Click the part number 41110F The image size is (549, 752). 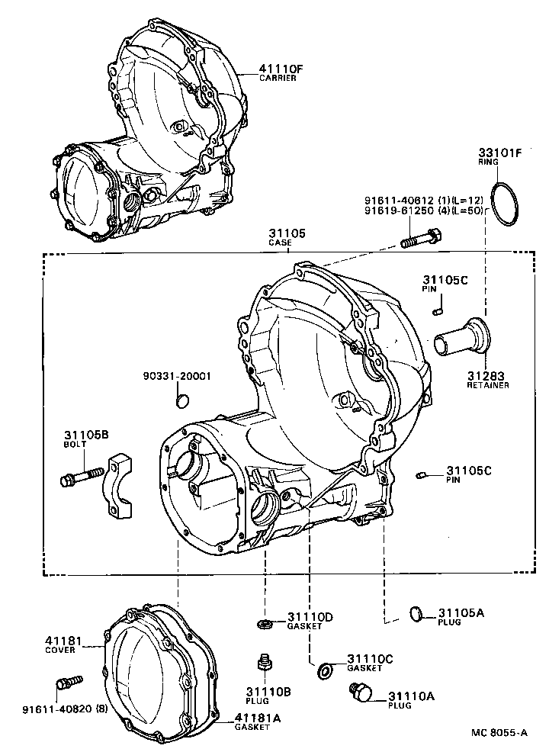click(281, 69)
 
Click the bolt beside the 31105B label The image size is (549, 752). click(79, 477)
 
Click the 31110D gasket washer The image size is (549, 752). click(265, 625)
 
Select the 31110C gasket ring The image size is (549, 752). click(326, 671)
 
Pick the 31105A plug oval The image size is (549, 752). click(416, 612)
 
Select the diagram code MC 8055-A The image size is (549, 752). click(498, 733)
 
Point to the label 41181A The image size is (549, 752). click(258, 718)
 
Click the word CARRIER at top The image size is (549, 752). click(278, 79)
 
